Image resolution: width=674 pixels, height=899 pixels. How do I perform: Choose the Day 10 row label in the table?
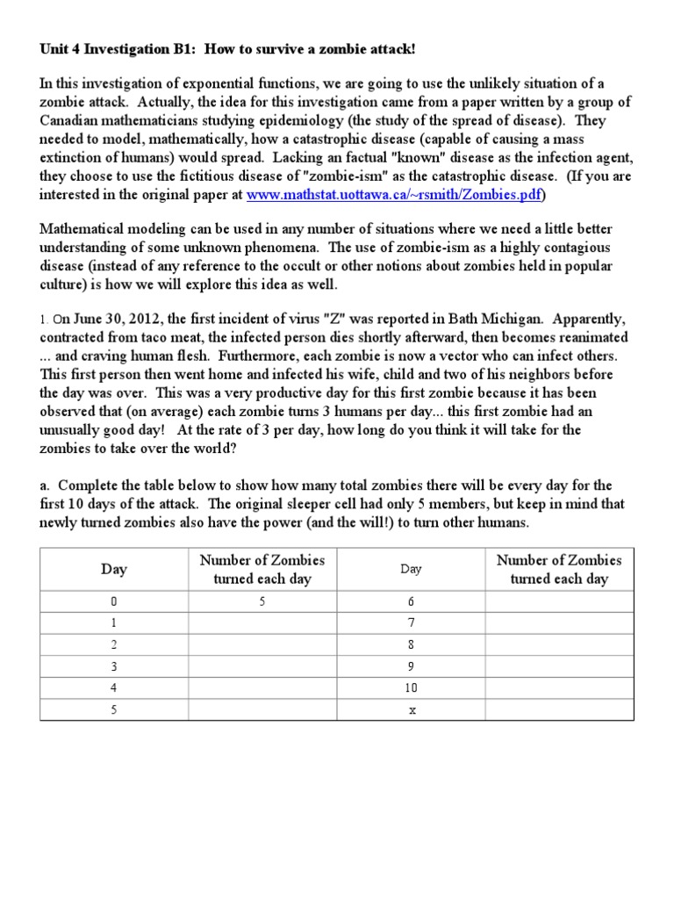pyautogui.click(x=411, y=689)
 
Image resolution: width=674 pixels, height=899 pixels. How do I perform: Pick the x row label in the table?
pyautogui.click(x=411, y=710)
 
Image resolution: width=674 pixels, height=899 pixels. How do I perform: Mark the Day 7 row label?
pyautogui.click(x=411, y=623)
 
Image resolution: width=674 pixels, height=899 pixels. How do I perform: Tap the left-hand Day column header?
pyautogui.click(x=114, y=569)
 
